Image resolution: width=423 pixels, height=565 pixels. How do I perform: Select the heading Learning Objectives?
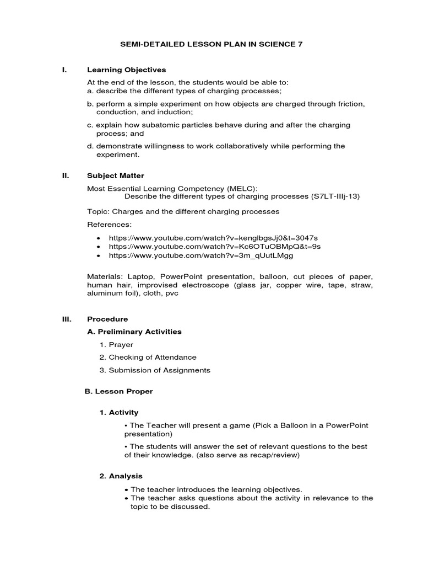coord(127,70)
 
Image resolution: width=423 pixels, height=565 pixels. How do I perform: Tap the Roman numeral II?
coord(65,175)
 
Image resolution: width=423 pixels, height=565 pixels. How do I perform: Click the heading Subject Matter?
coord(116,175)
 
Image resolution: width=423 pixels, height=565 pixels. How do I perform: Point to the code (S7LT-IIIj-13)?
coord(335,196)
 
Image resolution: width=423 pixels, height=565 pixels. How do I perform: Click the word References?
coord(110,225)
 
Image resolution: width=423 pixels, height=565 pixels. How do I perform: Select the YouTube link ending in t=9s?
coord(214,247)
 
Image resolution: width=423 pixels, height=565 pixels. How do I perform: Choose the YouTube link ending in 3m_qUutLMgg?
coord(201,256)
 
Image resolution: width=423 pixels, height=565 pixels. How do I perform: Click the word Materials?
coord(105,275)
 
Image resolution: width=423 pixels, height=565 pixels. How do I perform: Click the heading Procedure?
coord(107,319)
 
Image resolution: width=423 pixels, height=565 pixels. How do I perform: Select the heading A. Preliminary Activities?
coord(134,332)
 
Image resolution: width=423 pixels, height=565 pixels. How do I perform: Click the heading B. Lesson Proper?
coord(118,391)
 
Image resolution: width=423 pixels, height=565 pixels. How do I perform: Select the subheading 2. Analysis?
coord(121,476)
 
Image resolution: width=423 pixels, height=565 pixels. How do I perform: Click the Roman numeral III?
coord(66,319)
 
